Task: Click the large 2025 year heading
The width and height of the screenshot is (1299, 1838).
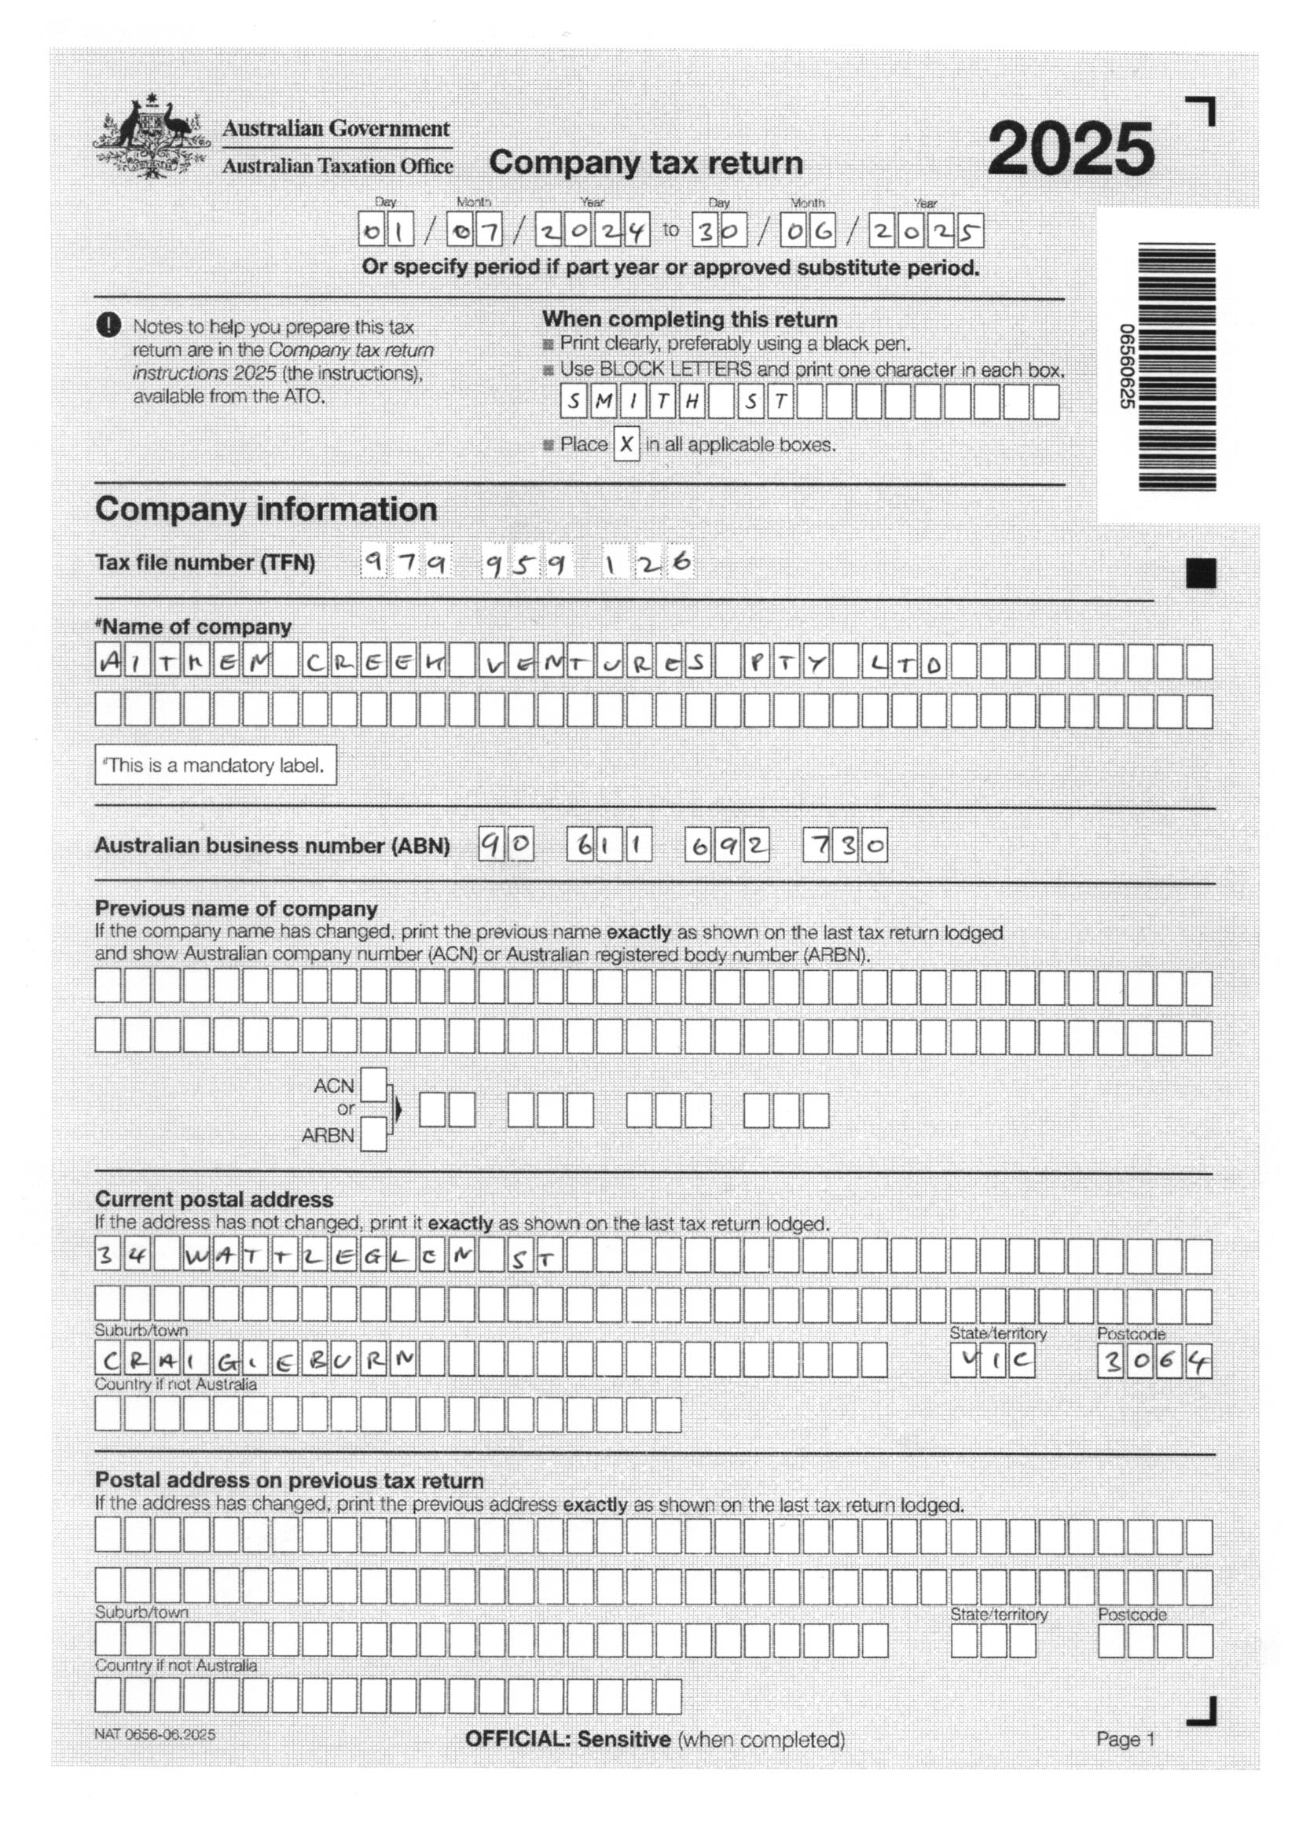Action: point(1071,149)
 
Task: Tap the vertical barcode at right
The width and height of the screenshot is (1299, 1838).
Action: point(1176,366)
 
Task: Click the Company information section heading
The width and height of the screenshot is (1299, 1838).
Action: point(266,509)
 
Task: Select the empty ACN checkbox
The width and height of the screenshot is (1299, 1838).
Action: point(374,1085)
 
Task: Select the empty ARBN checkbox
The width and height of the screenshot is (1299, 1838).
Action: point(374,1135)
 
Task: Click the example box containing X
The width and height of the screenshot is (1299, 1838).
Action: point(626,443)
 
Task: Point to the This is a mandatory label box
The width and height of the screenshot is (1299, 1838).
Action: point(215,765)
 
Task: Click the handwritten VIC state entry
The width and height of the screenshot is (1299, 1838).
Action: point(992,1360)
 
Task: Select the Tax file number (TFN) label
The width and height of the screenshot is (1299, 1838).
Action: point(205,563)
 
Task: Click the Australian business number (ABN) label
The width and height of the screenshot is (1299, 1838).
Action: point(272,846)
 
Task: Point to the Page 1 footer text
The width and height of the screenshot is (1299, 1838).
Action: point(1125,1740)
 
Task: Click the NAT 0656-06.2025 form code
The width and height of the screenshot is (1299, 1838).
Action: point(155,1735)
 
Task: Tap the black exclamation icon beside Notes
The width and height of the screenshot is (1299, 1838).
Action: point(109,325)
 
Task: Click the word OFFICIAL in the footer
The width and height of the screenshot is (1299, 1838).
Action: point(517,1740)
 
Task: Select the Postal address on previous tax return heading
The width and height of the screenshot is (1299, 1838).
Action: point(289,1480)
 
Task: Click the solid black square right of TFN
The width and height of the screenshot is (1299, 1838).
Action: point(1201,573)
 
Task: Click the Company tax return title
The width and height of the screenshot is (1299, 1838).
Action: point(646,163)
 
